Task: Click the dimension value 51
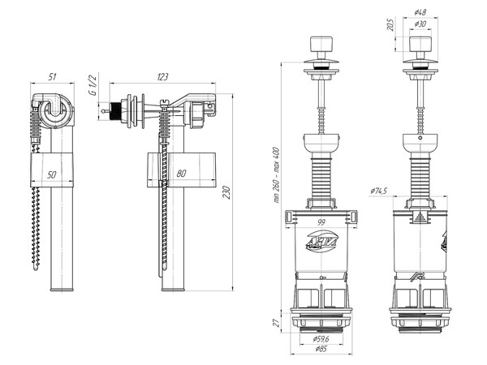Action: (x=51, y=77)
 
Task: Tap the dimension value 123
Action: (x=162, y=77)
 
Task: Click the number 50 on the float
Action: (x=50, y=174)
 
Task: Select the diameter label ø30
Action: (x=420, y=25)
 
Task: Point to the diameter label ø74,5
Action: (x=377, y=190)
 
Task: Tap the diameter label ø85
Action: (x=322, y=351)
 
